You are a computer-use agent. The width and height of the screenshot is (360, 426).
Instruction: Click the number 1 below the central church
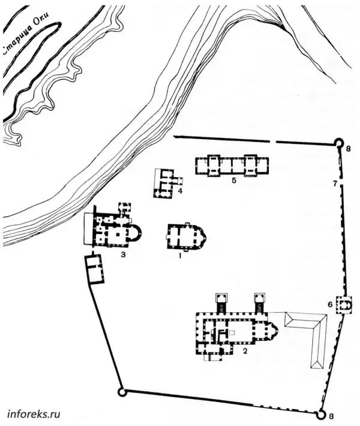(179, 256)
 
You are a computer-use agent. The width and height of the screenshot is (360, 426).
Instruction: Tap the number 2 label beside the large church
(245, 351)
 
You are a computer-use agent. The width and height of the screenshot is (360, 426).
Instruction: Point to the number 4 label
(179, 191)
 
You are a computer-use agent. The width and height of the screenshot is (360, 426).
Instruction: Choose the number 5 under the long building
(234, 181)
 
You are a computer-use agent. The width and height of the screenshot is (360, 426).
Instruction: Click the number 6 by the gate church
(330, 304)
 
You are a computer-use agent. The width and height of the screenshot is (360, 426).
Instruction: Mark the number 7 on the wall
(335, 184)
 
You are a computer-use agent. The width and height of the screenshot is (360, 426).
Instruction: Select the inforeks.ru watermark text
(34, 414)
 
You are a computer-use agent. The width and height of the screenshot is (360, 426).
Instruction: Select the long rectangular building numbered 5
(232, 166)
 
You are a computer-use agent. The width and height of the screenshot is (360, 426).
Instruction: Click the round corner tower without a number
(122, 392)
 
